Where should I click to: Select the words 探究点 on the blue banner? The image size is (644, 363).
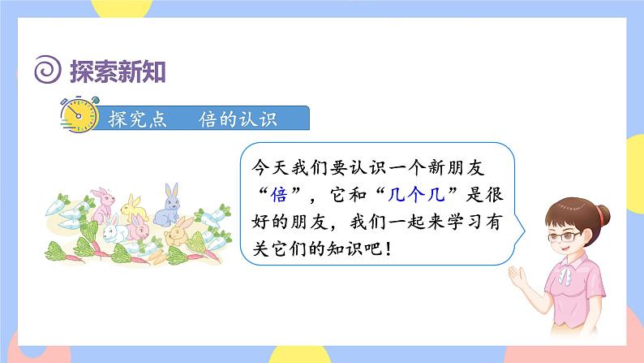tap(138, 119)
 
